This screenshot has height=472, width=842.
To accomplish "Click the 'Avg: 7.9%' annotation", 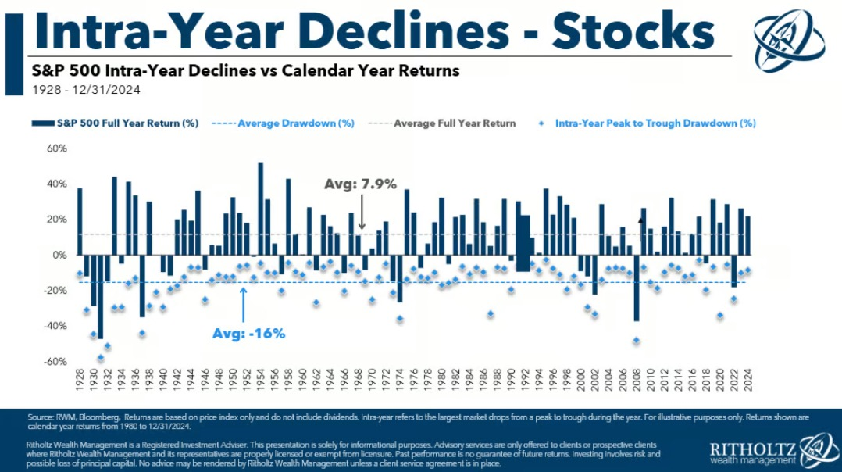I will tap(361, 184).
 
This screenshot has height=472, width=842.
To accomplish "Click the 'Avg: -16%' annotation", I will tap(248, 333).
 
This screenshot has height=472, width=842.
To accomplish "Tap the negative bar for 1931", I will tap(100, 296).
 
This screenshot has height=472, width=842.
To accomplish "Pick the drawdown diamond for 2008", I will tap(636, 341).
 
